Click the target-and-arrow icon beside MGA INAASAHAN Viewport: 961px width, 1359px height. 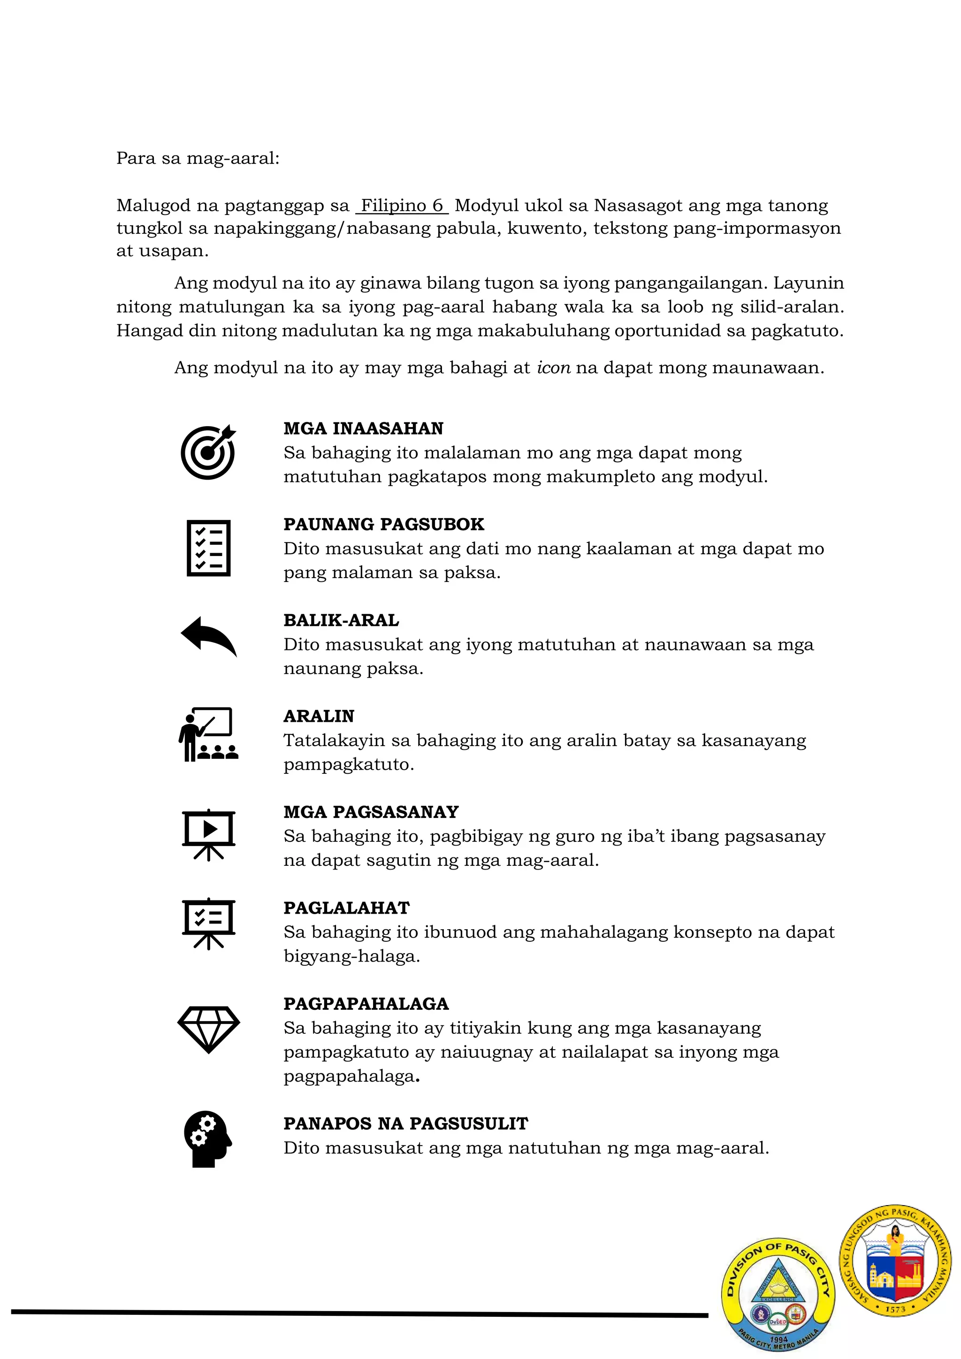pyautogui.click(x=208, y=451)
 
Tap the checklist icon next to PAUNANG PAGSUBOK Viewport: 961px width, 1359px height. pyautogui.click(x=208, y=548)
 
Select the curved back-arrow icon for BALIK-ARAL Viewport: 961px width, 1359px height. pyautogui.click(x=208, y=636)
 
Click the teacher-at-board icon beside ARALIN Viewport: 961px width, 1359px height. pyautogui.click(x=208, y=734)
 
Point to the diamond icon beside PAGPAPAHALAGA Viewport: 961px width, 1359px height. pyautogui.click(x=208, y=1029)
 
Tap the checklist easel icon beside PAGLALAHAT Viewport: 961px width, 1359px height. pyautogui.click(x=208, y=924)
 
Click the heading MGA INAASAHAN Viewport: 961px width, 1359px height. pyautogui.click(x=363, y=428)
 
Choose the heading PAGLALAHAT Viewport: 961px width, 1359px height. pyautogui.click(x=346, y=908)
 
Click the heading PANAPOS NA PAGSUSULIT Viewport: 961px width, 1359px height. pyautogui.click(x=405, y=1123)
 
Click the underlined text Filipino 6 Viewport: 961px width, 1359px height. pyautogui.click(x=402, y=206)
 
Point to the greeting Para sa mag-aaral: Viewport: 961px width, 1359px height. pyautogui.click(x=198, y=158)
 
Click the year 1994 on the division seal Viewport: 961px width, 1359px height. pyautogui.click(x=779, y=1339)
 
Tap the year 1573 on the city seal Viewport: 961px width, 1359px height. pyautogui.click(x=895, y=1309)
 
